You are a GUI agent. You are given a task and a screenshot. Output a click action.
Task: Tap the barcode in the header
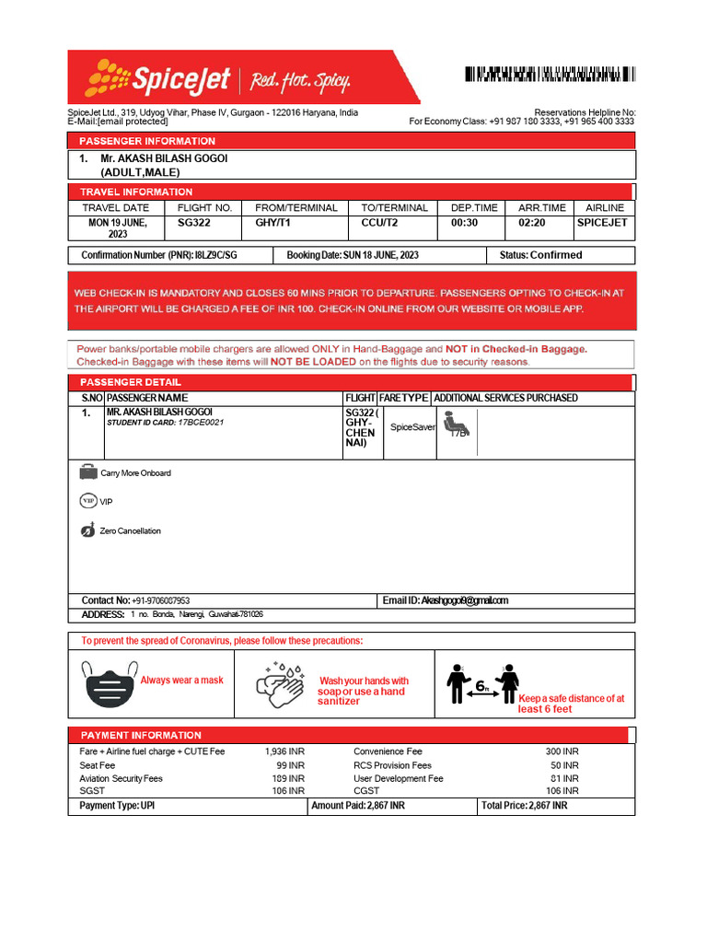point(549,75)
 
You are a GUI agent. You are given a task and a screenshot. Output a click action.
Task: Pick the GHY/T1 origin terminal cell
point(272,223)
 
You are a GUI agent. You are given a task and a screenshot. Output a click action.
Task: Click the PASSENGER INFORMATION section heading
point(148,141)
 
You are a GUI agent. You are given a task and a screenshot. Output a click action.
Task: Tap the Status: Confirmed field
point(541,255)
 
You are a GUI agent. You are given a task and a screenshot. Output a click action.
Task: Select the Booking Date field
point(353,255)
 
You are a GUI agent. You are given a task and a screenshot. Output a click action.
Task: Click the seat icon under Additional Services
point(457,423)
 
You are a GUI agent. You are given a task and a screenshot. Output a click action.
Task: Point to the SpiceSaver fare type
point(412,428)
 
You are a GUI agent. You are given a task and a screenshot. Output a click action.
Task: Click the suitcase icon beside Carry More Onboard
point(88,472)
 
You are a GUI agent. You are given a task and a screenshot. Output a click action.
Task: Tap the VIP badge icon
point(88,501)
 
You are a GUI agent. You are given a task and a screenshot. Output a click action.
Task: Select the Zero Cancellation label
point(130,531)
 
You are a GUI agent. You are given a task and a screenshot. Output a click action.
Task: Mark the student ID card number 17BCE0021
point(203,423)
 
